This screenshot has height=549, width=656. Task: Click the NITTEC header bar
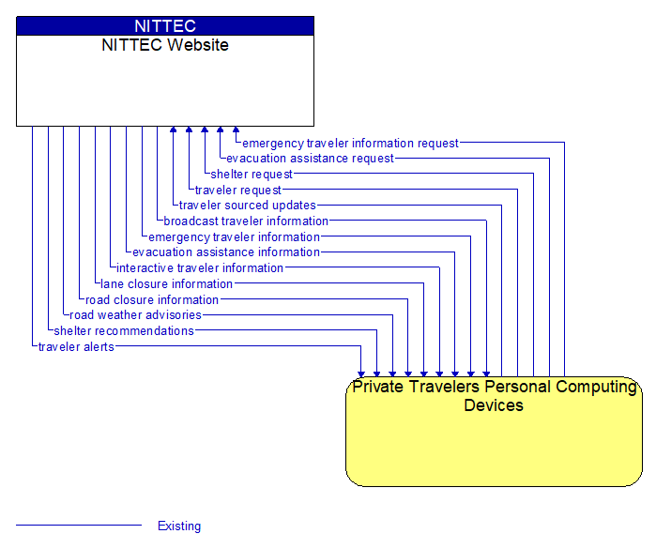coord(165,26)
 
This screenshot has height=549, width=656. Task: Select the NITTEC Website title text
coord(165,45)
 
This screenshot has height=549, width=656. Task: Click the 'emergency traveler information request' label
coord(350,144)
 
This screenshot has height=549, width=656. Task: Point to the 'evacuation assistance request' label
coord(310,159)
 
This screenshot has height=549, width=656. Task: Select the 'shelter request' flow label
coord(252,175)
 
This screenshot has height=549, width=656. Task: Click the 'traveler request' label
coord(238,191)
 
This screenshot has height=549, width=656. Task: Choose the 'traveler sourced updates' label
coord(248,206)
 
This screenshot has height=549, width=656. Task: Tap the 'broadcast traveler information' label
coord(246,221)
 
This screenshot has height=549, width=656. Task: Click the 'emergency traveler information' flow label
coord(234,237)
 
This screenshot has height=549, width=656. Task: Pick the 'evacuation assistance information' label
coord(226,252)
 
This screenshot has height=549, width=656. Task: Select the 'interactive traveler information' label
coord(200,268)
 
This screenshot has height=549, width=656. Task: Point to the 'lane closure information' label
coord(167,284)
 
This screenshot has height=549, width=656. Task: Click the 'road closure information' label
coord(152,300)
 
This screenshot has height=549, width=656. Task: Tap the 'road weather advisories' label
coord(135,315)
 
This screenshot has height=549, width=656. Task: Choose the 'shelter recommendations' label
coord(124,331)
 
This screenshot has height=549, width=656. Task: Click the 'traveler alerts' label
coord(76,347)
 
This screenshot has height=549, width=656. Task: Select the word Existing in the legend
coord(179,526)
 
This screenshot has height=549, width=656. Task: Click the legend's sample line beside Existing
coord(79,526)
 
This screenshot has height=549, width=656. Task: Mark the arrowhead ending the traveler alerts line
coord(361,373)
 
